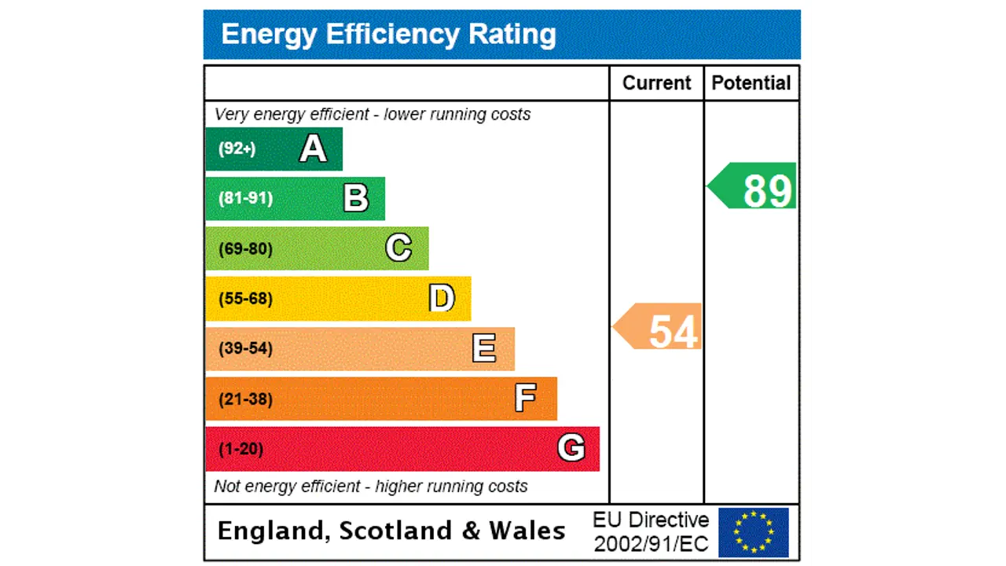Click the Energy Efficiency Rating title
388,35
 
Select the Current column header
656,83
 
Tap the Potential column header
751,83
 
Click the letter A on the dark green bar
313,149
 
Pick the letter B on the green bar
356,198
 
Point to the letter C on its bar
398,248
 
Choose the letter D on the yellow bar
442,299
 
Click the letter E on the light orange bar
484,348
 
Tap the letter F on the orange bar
525,399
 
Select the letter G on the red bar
571,448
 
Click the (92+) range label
237,149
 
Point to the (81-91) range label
245,198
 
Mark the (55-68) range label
245,299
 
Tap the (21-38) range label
245,399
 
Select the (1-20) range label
240,449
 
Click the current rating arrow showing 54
659,327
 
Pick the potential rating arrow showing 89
754,186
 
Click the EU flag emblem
753,532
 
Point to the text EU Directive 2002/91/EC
651,532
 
